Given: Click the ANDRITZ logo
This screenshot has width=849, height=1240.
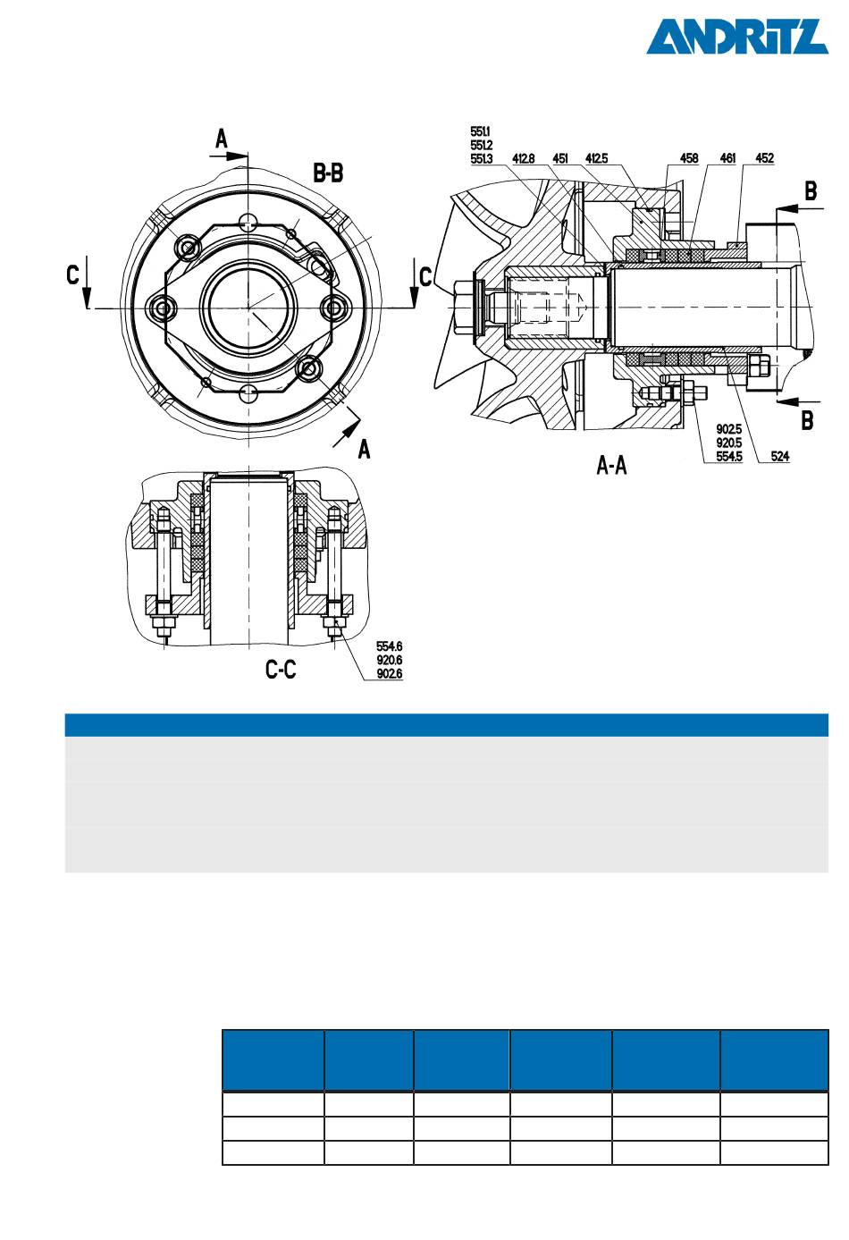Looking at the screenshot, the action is coord(736,37).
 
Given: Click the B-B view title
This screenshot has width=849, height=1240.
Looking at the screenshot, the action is coord(328,173).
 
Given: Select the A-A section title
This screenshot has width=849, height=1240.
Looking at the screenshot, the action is coord(611,466).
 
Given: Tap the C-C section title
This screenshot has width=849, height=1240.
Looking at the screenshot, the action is coord(281,670).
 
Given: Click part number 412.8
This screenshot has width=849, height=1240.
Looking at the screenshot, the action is coord(523,159).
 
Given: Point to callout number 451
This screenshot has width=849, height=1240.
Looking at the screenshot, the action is coord(560,159).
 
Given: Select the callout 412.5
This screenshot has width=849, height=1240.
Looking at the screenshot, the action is coord(597,159).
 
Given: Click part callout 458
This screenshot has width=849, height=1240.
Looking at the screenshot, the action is coord(688,158).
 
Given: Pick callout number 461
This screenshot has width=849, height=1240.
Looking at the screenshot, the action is coord(727,158).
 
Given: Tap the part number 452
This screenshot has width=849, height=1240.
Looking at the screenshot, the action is coord(764,158).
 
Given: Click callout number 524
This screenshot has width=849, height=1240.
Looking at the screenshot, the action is coord(780,457).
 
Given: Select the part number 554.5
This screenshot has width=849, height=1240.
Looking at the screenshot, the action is coord(729,457).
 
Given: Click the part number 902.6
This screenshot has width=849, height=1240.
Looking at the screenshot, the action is coord(389,674).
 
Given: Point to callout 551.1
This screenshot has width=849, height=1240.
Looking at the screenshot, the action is coord(480,131).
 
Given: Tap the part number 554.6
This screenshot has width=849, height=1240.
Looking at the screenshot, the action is coord(389,646).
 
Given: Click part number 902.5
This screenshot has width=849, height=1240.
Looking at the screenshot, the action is coord(729,429).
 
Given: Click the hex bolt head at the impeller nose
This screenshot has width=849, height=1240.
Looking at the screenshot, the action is coord(465,308).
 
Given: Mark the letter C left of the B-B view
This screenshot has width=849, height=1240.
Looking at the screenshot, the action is coord(73,274).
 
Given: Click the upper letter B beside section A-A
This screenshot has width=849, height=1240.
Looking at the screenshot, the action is coord(811,191).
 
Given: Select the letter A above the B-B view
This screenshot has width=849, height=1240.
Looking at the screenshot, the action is coord(222,139).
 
